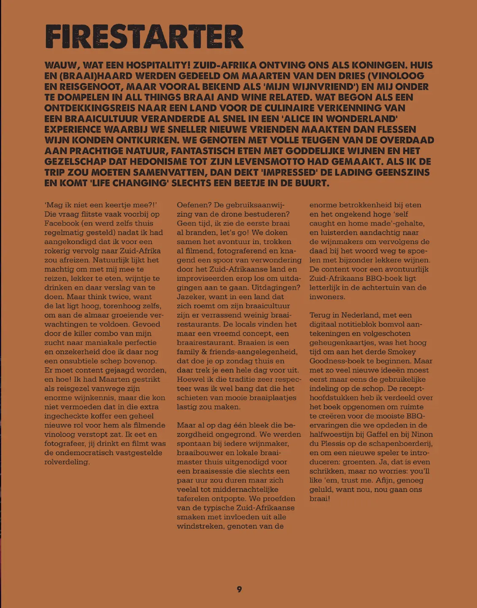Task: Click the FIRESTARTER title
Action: [144, 37]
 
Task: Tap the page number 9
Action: [239, 589]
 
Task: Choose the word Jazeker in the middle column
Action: [191, 297]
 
